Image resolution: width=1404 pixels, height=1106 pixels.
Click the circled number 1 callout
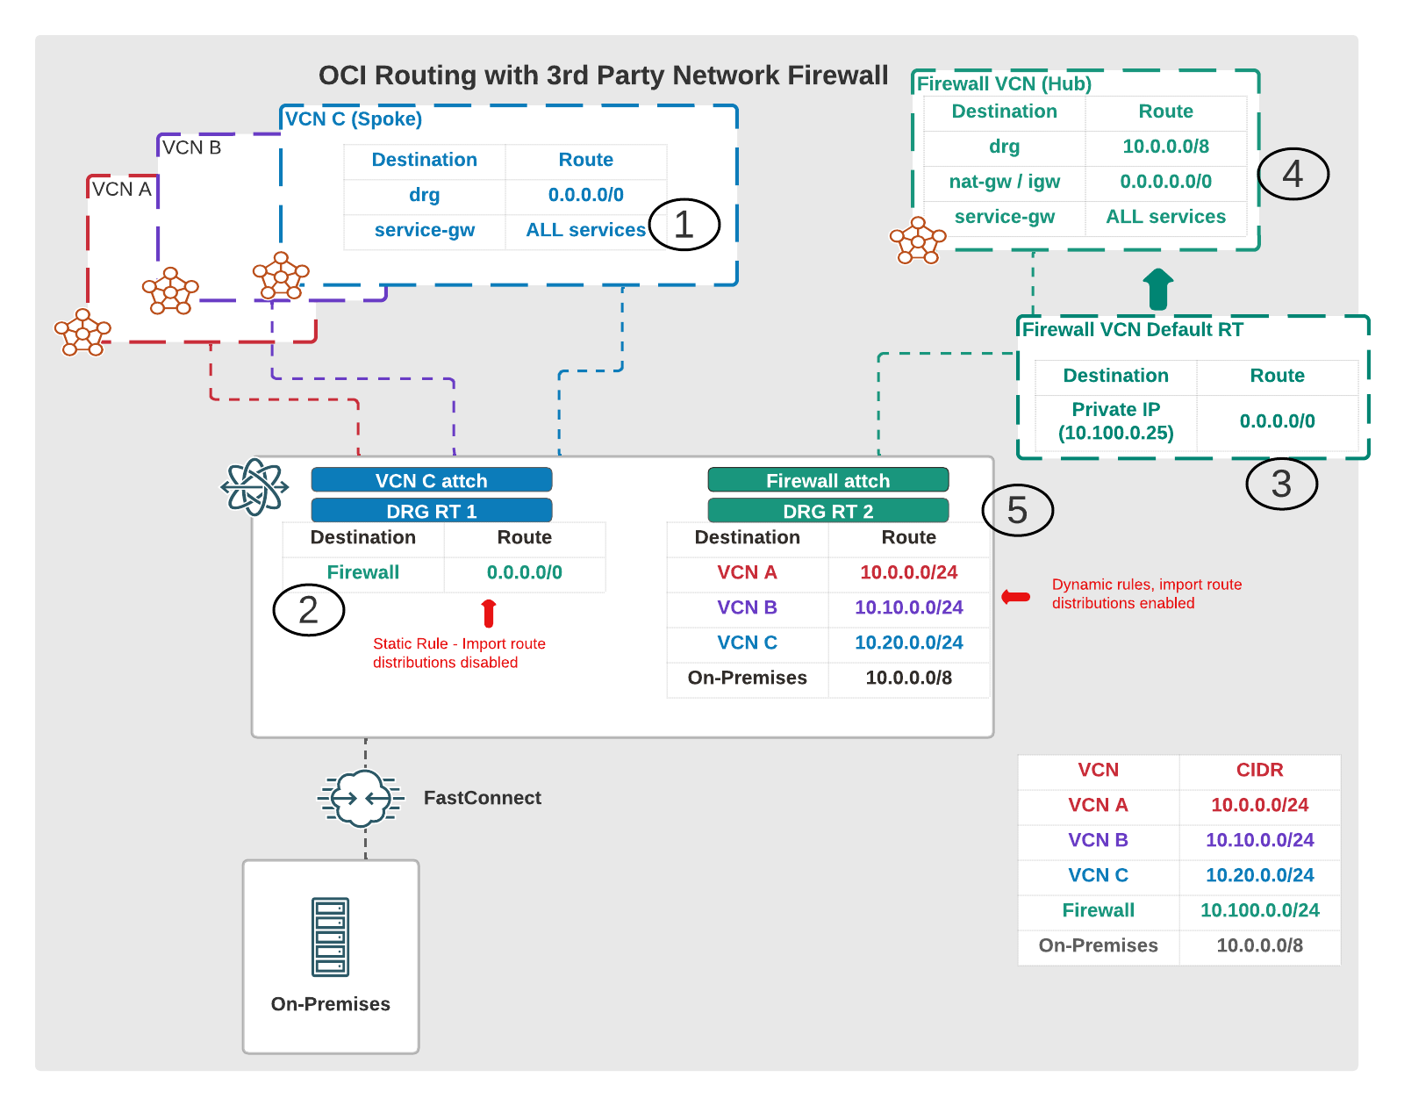coord(684,224)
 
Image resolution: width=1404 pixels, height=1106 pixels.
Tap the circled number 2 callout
coord(308,609)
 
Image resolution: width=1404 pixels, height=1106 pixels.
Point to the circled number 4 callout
coord(1293,174)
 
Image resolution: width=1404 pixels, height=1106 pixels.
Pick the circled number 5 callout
coord(1017,509)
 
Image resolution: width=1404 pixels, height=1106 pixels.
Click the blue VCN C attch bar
coord(431,480)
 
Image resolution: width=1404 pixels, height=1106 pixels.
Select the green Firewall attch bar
coord(827,480)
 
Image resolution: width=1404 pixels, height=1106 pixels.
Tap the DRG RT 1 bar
coord(431,511)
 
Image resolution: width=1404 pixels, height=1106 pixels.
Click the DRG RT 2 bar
coord(827,511)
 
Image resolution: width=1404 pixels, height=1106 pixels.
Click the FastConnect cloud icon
coord(361,798)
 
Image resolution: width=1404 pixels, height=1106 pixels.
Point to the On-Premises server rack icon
coord(330,937)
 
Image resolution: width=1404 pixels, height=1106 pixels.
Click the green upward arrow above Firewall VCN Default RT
coord(1158,290)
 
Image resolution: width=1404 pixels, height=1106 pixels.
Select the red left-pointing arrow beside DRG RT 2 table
coord(1016,596)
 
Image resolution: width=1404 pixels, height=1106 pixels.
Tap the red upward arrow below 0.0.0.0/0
coord(489,613)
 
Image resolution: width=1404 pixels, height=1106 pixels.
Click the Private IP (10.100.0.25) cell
coord(1115,421)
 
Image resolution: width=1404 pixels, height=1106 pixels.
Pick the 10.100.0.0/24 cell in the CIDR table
coord(1259,909)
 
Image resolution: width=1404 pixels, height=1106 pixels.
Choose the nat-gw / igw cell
coord(1004,181)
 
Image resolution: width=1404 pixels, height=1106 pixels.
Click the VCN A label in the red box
coord(121,190)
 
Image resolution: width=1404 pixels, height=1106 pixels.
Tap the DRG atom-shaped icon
coord(254,487)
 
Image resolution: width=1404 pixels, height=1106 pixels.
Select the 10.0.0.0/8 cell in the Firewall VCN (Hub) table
coord(1165,146)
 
